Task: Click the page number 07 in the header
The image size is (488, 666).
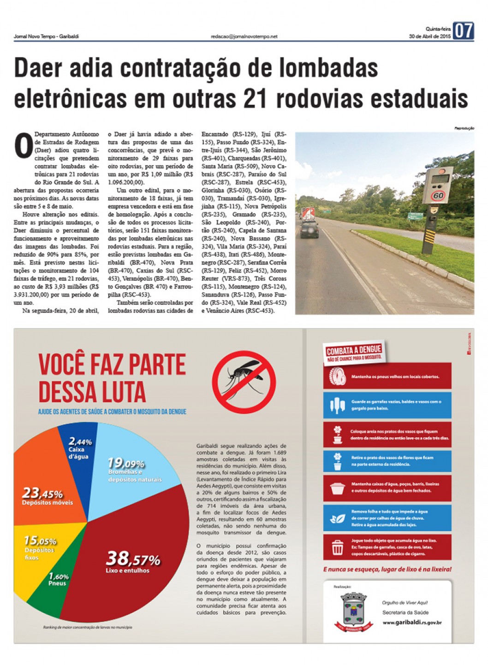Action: pyautogui.click(x=463, y=31)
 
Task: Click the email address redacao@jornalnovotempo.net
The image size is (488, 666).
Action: pyautogui.click(x=244, y=36)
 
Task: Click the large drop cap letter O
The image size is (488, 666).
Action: pyautogui.click(x=24, y=146)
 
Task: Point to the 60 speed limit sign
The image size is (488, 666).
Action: pyautogui.click(x=438, y=196)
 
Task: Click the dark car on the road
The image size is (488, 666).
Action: pyautogui.click(x=309, y=229)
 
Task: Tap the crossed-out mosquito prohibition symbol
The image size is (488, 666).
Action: pyautogui.click(x=244, y=381)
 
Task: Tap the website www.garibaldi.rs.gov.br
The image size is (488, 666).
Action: pyautogui.click(x=412, y=623)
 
